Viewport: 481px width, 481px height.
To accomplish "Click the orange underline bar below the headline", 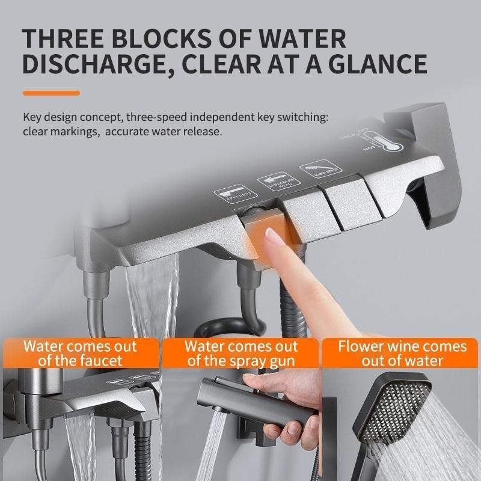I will coord(51,93).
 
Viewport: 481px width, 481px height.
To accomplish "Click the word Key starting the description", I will coord(32,117).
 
